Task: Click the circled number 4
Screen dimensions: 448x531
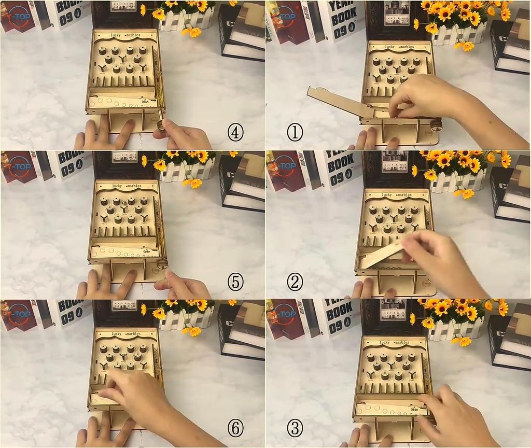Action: (235, 133)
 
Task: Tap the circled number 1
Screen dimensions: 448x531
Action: (295, 133)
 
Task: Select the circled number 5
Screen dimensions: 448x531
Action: (235, 282)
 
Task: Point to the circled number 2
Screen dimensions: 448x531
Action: (295, 282)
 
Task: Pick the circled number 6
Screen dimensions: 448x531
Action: (235, 428)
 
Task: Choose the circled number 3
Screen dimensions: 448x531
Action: (295, 428)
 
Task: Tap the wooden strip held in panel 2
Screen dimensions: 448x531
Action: (384, 254)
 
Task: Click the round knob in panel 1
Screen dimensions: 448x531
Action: (436, 125)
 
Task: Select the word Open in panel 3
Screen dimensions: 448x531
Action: (414, 409)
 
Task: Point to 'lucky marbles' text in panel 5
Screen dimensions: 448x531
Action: (125, 185)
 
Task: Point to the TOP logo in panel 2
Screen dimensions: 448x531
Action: (283, 166)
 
